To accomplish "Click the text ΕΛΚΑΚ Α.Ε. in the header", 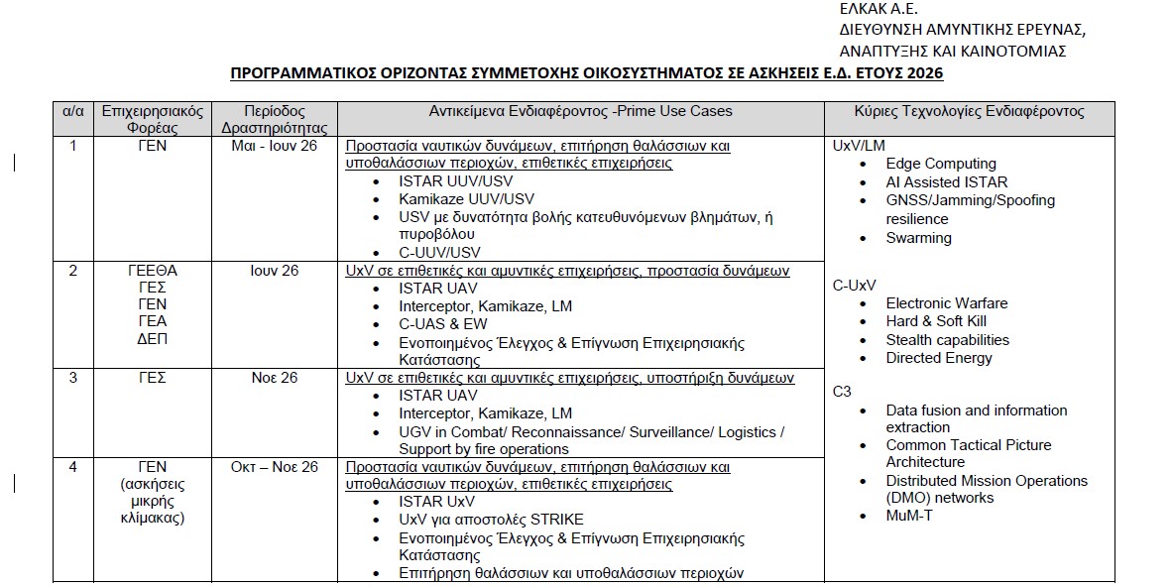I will (877, 10).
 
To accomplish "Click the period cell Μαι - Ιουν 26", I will (273, 146).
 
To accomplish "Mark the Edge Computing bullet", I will (940, 164).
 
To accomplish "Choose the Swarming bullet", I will (918, 238).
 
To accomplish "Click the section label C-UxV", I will (854, 286).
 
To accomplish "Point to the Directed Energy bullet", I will (938, 358).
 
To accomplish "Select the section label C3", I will (842, 391).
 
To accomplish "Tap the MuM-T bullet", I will (908, 516).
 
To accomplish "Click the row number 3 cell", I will (73, 378).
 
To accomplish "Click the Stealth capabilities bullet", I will (947, 339).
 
